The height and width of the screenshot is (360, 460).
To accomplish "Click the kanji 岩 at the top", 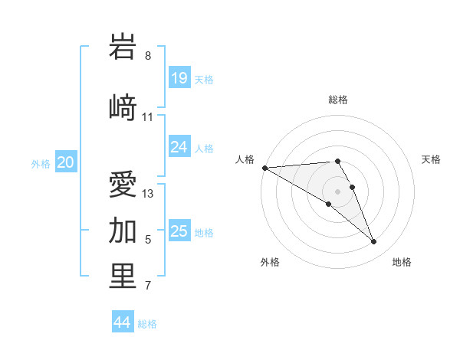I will click(123, 47).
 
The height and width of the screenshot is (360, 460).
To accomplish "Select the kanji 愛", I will click(123, 186).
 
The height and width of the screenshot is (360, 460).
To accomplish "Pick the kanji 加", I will click(123, 230).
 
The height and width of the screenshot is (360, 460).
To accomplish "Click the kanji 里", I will click(123, 277).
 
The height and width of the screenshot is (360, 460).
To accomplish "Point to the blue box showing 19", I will click(179, 78).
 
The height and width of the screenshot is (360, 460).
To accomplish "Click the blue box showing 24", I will click(179, 147).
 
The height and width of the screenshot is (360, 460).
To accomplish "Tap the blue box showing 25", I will click(179, 231).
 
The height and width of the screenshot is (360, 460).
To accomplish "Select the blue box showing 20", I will click(66, 162).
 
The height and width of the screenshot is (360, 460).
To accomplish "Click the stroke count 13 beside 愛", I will click(148, 194).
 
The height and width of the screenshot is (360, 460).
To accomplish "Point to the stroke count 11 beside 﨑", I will click(148, 117).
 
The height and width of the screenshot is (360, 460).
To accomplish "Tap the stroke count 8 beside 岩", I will click(148, 56).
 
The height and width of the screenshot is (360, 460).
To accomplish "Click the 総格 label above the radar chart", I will click(338, 100).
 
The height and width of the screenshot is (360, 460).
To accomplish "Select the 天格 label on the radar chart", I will click(431, 159).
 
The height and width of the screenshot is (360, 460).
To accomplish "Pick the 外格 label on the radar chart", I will click(270, 262).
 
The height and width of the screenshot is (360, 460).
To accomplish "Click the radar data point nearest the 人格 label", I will click(264, 168).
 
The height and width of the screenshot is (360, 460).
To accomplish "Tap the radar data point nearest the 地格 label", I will click(374, 242).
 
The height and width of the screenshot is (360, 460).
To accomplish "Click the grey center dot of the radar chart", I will click(338, 191).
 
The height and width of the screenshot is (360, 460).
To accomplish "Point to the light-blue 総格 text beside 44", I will click(147, 324).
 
